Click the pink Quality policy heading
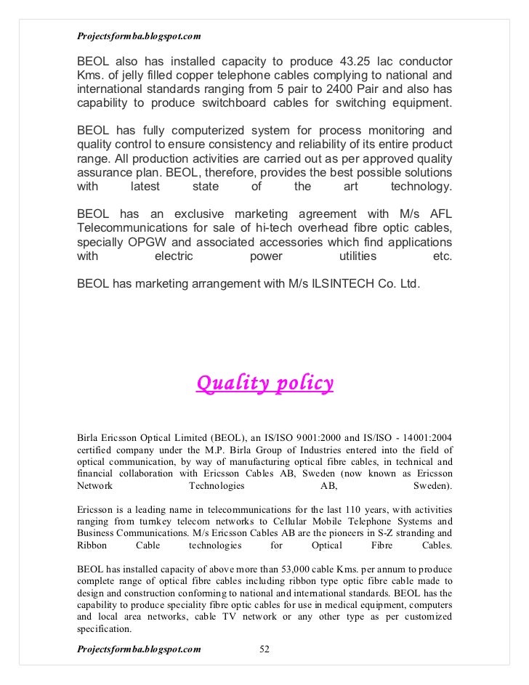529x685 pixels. (265, 382)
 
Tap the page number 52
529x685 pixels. (264, 648)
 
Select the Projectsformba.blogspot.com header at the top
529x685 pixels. (139, 35)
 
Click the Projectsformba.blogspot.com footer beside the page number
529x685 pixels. (139, 648)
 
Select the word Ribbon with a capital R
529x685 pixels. (92, 546)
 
